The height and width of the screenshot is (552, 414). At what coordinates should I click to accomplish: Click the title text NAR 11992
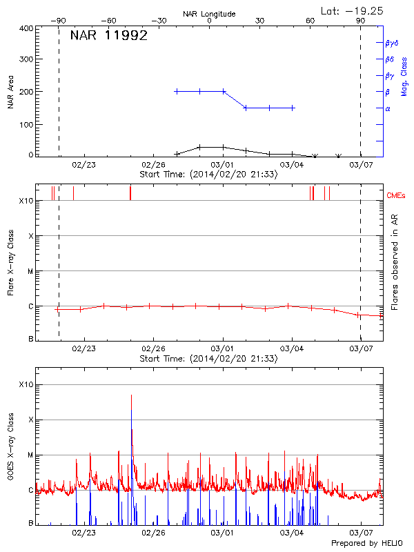coord(109,37)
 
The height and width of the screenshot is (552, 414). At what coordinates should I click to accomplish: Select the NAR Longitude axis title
coord(209,13)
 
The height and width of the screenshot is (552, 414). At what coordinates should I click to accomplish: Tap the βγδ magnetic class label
coord(392,43)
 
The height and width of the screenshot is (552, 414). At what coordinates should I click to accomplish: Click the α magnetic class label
coord(388,108)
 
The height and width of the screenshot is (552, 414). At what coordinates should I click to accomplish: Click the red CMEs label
coord(397,196)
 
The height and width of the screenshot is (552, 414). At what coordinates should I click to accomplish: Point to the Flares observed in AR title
coord(394,262)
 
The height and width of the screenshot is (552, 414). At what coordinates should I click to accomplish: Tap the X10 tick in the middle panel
coord(26,201)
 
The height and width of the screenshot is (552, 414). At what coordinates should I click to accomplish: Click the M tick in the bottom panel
coord(30,455)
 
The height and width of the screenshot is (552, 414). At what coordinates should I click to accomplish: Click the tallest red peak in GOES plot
coord(131,396)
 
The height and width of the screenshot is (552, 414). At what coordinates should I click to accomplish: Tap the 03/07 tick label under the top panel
coord(361,165)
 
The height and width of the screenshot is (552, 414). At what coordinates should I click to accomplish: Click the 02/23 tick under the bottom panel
coord(83,533)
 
